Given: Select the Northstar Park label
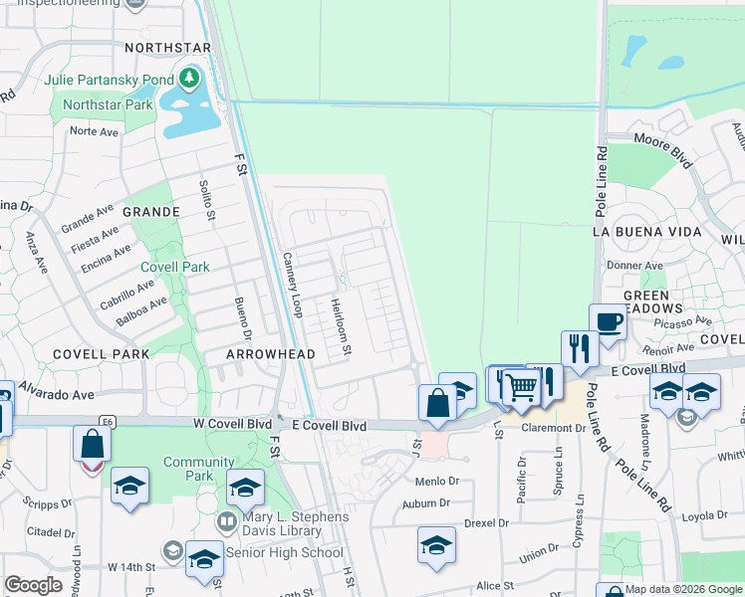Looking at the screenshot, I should click(x=107, y=104).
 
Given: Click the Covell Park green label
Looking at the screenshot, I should click(x=174, y=267).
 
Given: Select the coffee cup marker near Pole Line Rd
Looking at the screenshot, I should click(x=608, y=320).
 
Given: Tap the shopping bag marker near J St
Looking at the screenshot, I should click(x=436, y=403).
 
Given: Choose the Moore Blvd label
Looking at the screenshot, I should click(x=662, y=146).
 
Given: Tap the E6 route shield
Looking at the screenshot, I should click(x=107, y=422).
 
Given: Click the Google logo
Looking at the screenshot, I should click(x=33, y=585).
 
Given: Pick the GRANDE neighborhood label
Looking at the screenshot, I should click(x=150, y=212).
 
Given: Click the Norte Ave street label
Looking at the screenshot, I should click(x=94, y=131).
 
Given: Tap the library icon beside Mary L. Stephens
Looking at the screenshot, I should click(x=228, y=522).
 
